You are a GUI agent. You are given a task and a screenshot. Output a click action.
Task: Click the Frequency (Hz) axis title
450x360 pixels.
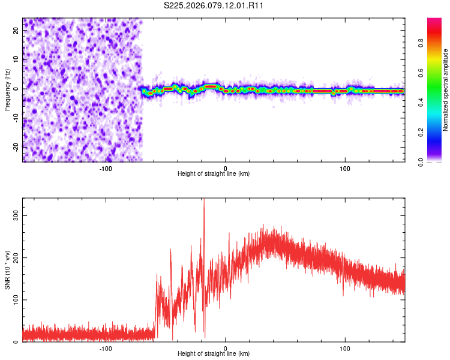click(7, 90)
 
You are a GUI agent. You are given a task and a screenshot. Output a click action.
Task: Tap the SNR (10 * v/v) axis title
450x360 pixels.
click(7, 270)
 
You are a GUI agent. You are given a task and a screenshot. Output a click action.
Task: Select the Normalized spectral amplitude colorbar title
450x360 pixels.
click(446, 90)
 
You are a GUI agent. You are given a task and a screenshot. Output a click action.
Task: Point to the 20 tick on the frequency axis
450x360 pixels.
click(17, 31)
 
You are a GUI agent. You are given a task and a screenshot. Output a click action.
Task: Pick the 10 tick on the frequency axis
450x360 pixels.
click(17, 60)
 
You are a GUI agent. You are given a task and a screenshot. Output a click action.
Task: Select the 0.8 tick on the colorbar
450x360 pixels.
click(421, 43)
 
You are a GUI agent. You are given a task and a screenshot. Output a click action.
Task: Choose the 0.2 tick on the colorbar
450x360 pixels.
click(421, 132)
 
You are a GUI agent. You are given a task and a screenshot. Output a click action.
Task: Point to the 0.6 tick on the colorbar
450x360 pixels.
click(421, 73)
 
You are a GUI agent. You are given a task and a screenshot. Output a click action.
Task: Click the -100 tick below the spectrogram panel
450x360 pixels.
click(106, 169)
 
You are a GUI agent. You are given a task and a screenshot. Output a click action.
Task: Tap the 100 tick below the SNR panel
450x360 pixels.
click(345, 349)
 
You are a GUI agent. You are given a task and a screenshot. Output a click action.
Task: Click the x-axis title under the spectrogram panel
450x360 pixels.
click(214, 174)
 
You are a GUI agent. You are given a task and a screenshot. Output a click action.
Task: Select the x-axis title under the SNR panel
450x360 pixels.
click(214, 354)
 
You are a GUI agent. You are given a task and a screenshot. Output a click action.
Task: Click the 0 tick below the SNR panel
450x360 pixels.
click(226, 349)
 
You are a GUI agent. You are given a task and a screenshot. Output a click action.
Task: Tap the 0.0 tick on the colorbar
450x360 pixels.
click(421, 161)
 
